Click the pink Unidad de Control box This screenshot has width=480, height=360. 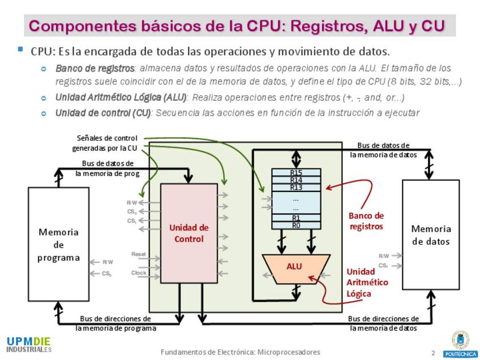[188, 233]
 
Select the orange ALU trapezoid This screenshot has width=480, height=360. [294, 268]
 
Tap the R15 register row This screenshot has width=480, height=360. [296, 173]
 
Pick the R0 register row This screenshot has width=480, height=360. [296, 225]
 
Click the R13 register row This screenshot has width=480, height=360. [296, 187]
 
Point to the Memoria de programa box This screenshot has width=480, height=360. [58, 245]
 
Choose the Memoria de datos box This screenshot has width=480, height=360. [431, 235]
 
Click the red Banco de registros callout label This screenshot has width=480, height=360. [366, 221]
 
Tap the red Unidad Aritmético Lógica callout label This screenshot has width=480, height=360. [367, 282]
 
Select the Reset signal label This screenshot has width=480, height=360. [139, 255]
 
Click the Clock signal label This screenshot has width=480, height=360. [139, 273]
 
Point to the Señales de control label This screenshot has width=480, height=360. [106, 143]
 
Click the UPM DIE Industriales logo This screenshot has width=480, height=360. [29, 344]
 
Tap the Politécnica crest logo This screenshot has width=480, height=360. [460, 343]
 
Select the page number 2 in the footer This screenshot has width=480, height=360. [433, 353]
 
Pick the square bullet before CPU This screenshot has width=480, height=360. [21, 50]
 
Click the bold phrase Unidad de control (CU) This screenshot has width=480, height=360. [102, 113]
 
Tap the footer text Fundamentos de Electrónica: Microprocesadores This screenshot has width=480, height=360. [240, 352]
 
